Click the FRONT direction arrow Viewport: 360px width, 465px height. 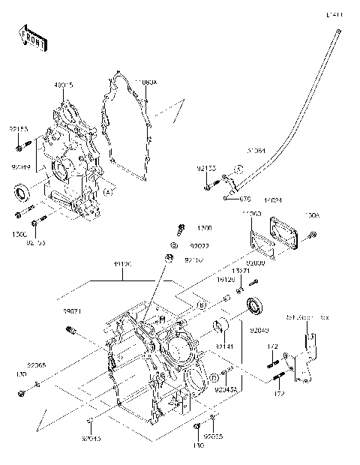point(31,39)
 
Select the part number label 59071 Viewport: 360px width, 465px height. point(72,310)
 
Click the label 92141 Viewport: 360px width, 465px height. point(225,346)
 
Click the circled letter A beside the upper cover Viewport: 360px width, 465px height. point(108,192)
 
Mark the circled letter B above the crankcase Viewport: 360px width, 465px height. point(179,306)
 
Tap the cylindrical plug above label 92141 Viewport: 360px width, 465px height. point(222,327)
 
